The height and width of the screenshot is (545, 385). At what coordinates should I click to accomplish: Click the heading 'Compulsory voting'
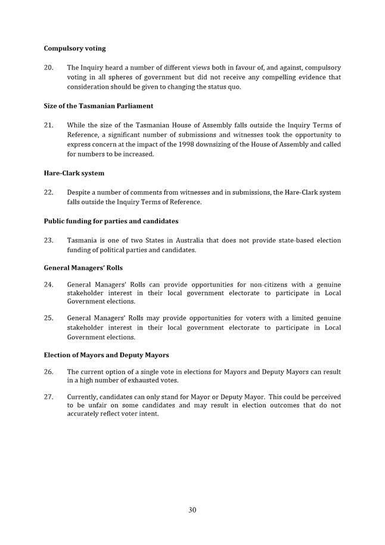[x=74, y=48]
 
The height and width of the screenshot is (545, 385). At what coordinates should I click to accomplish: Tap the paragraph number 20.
[x=49, y=68]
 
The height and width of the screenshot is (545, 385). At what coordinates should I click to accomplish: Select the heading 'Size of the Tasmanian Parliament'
[x=98, y=106]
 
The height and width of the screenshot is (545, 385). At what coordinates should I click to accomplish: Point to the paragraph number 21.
[x=49, y=125]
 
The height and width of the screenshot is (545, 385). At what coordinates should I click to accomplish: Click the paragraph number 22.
[x=49, y=192]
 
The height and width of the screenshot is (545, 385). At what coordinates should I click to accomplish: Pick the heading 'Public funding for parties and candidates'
[x=111, y=221]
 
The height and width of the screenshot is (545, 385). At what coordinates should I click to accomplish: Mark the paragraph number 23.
[x=49, y=241]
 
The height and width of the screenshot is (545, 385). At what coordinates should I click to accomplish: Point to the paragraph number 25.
[x=49, y=318]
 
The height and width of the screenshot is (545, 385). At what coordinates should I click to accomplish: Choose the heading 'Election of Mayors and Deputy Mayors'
[x=106, y=355]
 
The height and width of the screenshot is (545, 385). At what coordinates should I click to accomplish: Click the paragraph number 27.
[x=49, y=397]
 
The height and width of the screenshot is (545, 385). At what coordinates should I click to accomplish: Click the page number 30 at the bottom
[x=192, y=510]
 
